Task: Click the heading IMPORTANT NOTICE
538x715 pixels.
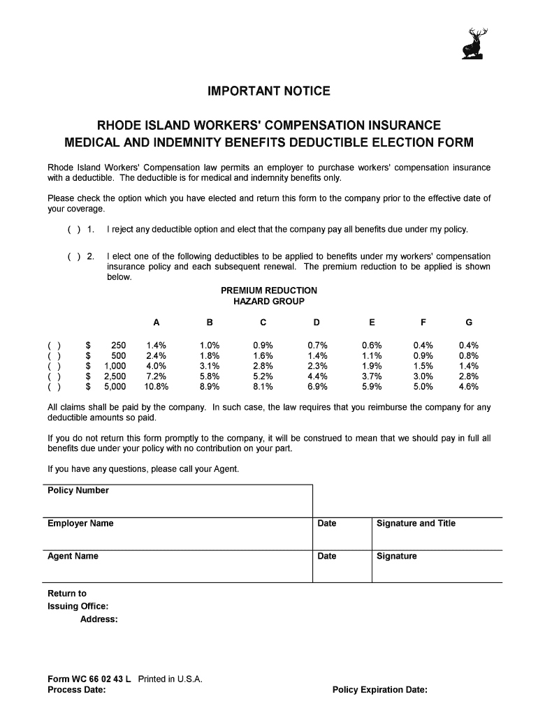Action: point(268,91)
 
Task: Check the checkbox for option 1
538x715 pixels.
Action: point(74,230)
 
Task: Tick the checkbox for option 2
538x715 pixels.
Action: point(74,257)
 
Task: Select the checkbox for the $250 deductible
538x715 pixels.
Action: point(54,346)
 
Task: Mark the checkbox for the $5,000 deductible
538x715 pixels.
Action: point(54,386)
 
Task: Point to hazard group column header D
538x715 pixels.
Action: point(317,323)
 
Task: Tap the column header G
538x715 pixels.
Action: point(469,323)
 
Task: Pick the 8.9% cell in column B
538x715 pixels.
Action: point(210,386)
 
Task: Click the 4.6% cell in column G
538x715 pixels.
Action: point(469,386)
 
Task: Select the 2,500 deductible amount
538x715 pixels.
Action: point(115,376)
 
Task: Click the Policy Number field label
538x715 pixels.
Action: point(78,491)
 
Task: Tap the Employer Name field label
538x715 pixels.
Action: point(80,524)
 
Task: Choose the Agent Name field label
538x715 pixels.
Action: point(73,556)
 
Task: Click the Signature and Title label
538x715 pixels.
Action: point(416,524)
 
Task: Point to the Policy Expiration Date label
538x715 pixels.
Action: point(380,691)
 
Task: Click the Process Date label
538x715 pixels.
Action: point(77,691)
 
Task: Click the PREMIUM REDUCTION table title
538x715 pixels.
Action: point(268,290)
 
